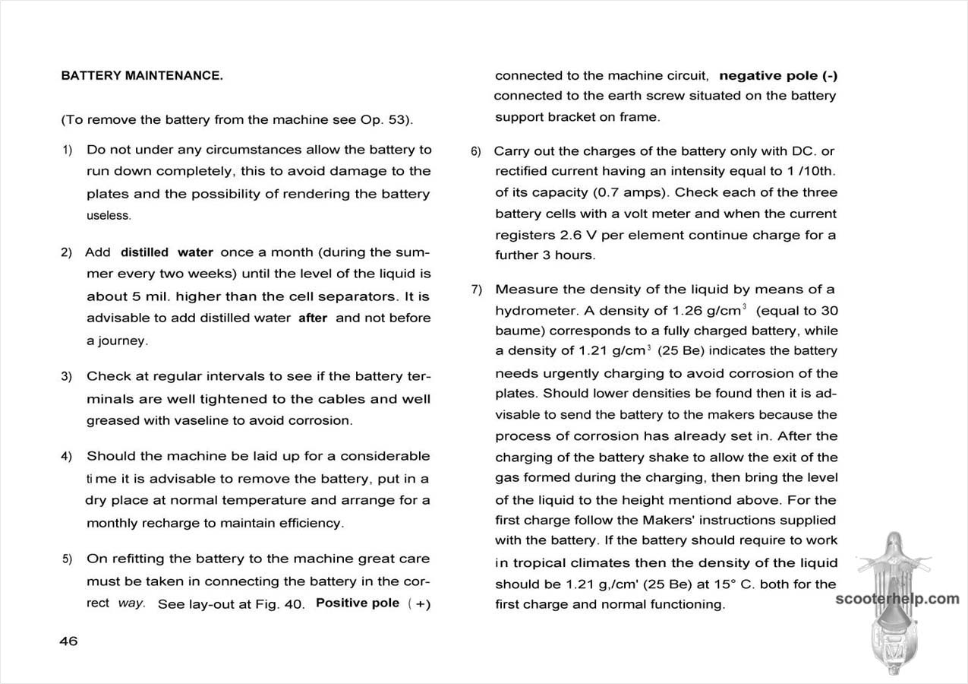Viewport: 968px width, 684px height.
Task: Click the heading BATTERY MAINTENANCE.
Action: [x=142, y=76]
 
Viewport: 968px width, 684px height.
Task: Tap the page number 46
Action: [x=68, y=641]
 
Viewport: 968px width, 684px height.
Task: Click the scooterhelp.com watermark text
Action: [x=897, y=599]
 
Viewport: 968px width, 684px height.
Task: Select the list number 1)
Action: [x=67, y=150]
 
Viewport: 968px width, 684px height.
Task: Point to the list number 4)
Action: [x=67, y=457]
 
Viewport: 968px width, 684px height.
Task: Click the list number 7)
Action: [x=476, y=290]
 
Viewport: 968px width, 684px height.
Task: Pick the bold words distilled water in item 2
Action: [x=167, y=252]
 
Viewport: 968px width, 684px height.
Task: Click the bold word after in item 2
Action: [x=313, y=318]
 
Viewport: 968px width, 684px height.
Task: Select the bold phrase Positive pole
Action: [x=358, y=603]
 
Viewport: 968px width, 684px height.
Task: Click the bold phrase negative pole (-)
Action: [x=778, y=76]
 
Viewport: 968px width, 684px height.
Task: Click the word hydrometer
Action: [x=530, y=311]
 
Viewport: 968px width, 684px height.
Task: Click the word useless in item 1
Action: [x=109, y=216]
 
